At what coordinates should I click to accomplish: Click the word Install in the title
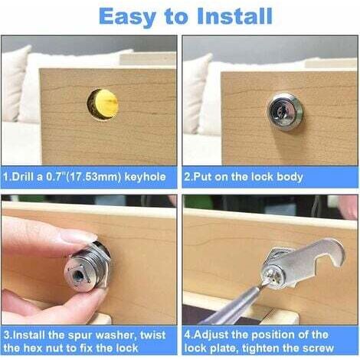click(x=234, y=16)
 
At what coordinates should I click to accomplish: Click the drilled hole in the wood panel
click(x=103, y=103)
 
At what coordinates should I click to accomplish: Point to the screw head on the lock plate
click(x=273, y=277)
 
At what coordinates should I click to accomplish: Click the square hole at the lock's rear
click(x=78, y=276)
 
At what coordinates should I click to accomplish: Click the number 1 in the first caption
click(x=6, y=177)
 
